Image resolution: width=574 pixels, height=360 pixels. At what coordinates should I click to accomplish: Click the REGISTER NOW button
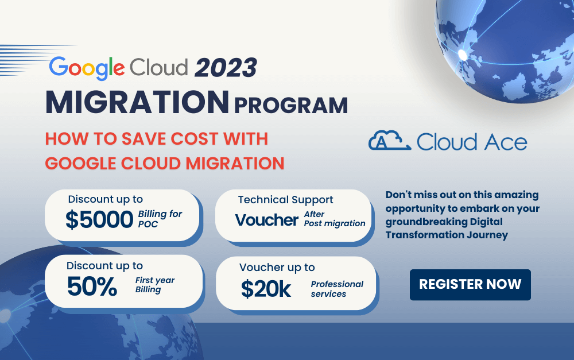[470, 284]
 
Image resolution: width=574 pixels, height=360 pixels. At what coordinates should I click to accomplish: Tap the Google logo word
[87, 67]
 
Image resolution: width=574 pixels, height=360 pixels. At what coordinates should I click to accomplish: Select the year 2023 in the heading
[225, 68]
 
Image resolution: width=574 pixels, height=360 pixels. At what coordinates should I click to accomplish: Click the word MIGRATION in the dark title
[137, 102]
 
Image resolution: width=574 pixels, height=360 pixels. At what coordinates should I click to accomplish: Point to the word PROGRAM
[290, 105]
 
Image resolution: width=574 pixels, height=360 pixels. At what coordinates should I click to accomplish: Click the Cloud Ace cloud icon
[389, 141]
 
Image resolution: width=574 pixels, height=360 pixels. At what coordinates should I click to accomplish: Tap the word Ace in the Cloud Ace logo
[505, 142]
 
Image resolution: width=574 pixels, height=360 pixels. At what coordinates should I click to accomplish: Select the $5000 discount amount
[99, 220]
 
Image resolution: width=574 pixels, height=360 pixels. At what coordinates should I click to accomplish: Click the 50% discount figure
[92, 287]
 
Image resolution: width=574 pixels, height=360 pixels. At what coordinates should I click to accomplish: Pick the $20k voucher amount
[266, 289]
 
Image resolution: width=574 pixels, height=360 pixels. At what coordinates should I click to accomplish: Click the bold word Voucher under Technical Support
[266, 219]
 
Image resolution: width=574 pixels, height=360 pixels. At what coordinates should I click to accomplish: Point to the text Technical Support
[285, 200]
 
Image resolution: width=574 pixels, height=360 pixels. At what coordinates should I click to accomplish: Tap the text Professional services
[337, 289]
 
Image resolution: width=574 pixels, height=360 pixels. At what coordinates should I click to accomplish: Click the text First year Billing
[154, 285]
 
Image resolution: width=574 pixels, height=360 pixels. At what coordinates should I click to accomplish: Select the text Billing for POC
[160, 218]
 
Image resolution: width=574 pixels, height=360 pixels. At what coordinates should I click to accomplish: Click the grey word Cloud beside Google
[159, 67]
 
